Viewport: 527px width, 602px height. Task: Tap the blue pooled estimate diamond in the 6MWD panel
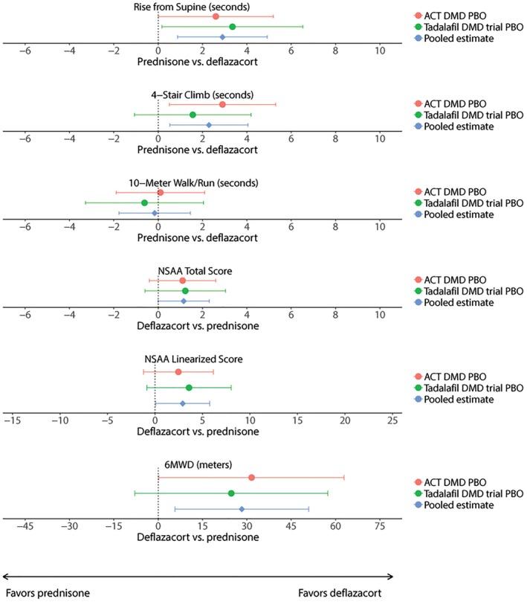pyautogui.click(x=242, y=509)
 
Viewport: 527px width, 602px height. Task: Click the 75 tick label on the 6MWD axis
pyautogui.click(x=380, y=527)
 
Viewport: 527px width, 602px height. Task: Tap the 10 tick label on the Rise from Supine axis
pyautogui.click(x=380, y=51)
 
